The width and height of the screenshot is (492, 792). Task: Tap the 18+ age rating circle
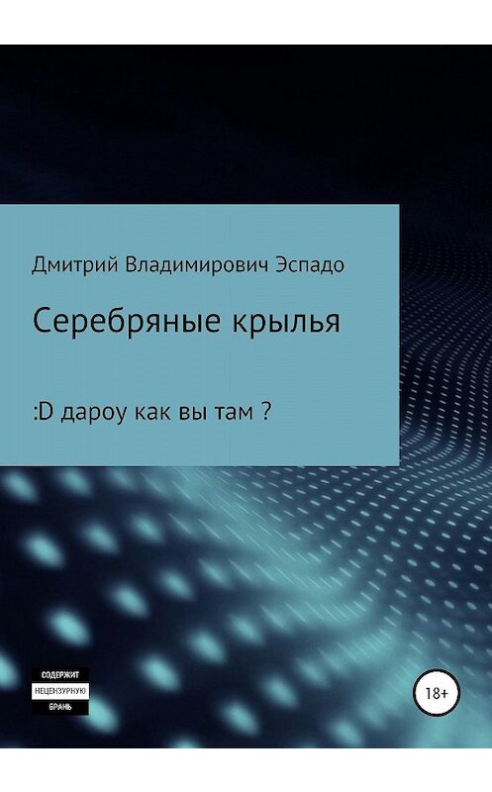[432, 684]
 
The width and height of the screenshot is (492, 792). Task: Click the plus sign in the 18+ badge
[442, 684]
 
